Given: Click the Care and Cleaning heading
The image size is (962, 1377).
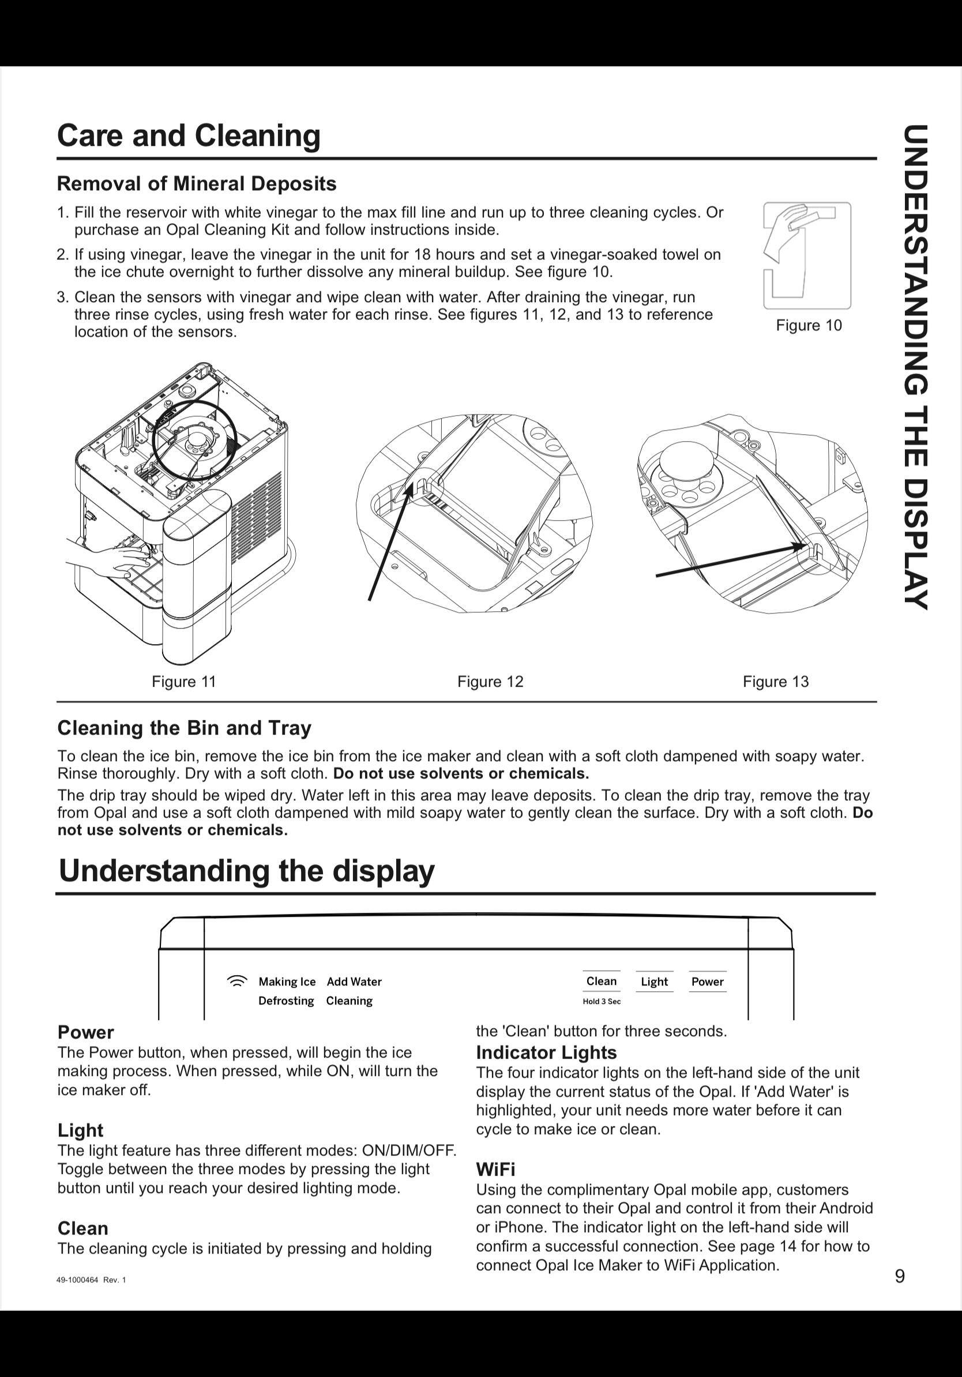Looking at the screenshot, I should (189, 136).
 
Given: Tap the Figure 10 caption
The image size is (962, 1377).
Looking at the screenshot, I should (809, 325).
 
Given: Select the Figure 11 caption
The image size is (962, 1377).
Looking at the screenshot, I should (183, 682).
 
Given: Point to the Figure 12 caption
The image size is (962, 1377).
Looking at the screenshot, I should (490, 682).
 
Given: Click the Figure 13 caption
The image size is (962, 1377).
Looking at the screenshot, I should (776, 682).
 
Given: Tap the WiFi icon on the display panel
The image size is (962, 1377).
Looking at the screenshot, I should (238, 981).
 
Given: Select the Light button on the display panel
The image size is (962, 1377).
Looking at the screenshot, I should (653, 982).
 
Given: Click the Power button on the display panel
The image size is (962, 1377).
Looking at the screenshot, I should (707, 982).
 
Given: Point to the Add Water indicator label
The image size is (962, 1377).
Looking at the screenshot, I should (354, 982).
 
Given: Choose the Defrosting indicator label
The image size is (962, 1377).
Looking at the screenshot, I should (286, 1001).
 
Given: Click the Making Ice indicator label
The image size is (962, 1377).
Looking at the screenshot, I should (287, 982).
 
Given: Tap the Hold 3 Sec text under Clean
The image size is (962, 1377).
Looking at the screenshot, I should (602, 1002).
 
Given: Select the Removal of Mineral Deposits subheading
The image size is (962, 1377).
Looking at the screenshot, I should (197, 183).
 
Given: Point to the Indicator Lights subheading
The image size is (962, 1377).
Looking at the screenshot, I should (546, 1052).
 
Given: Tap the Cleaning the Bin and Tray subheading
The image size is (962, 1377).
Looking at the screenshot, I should (184, 728).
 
